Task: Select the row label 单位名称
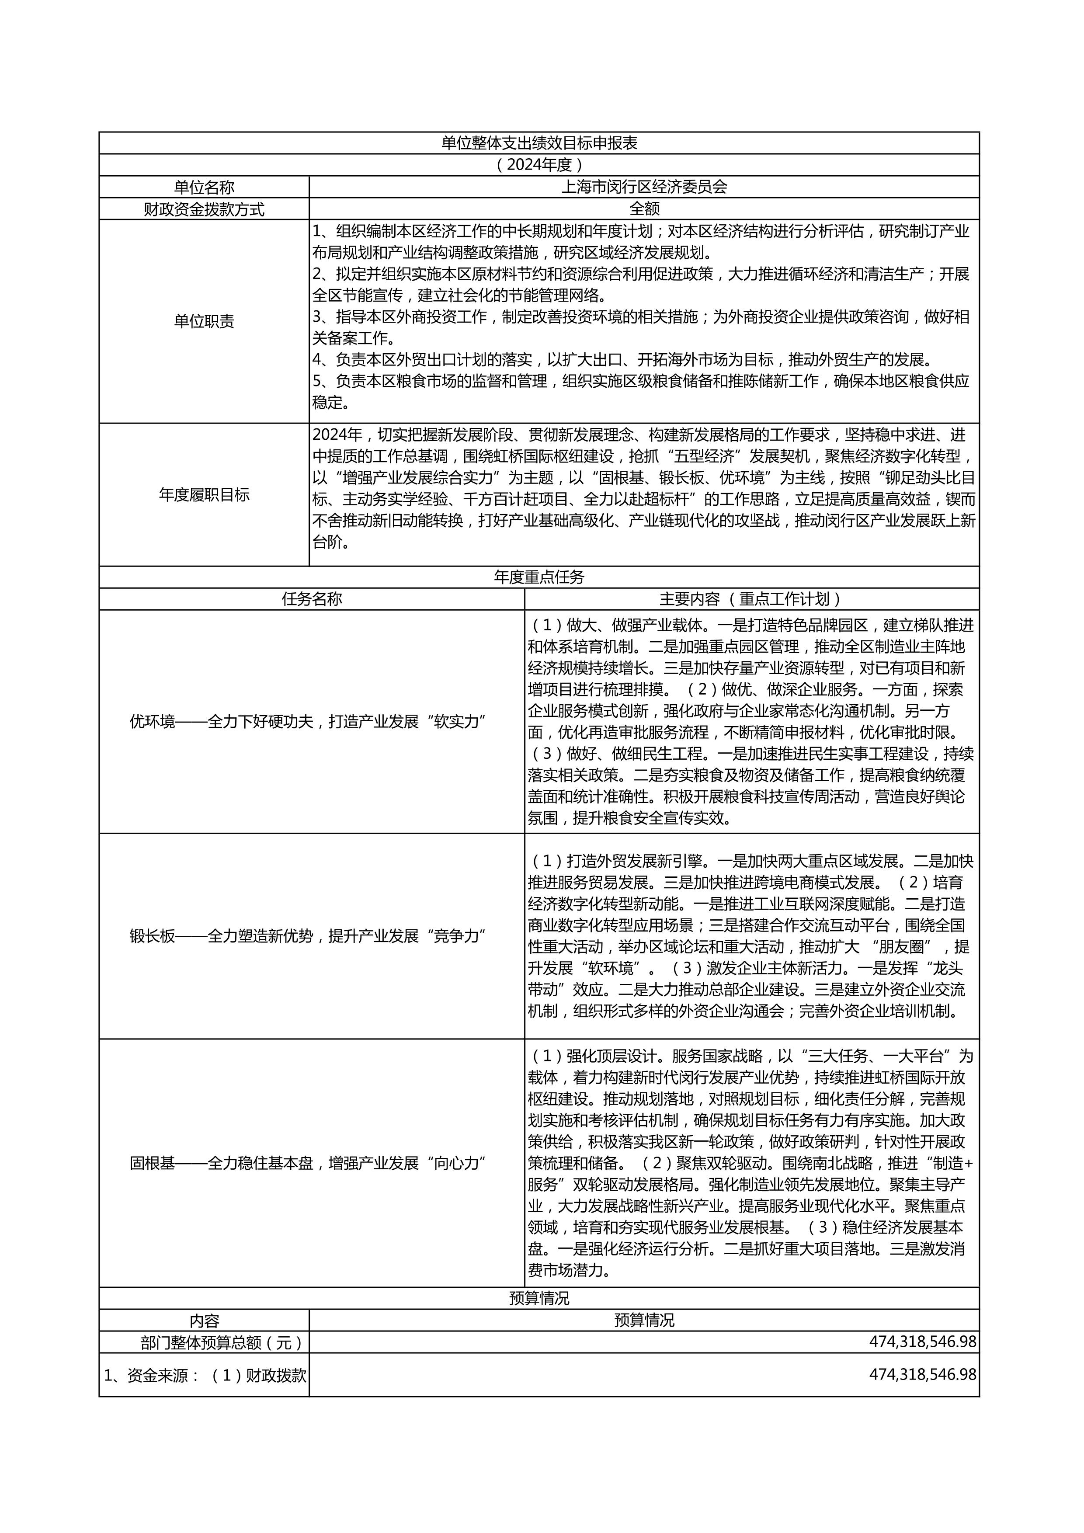tap(204, 187)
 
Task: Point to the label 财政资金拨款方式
tap(204, 209)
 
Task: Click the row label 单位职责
tap(204, 321)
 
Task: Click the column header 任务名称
tap(312, 599)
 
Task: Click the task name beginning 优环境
tap(307, 722)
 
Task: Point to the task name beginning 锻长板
tap(307, 936)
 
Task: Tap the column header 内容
tap(204, 1321)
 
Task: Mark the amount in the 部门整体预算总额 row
tap(922, 1342)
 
